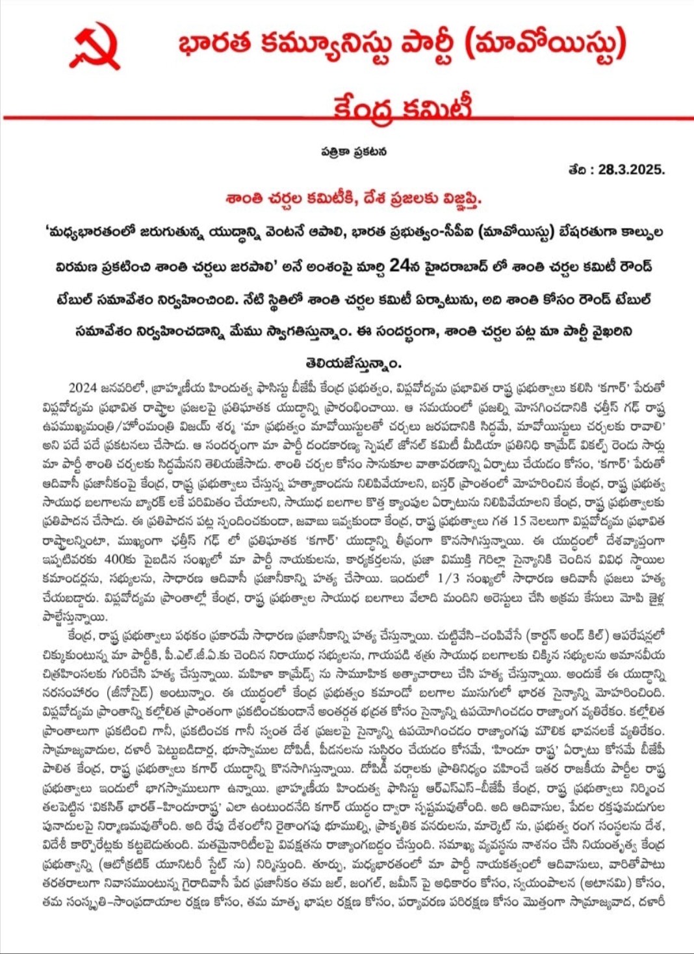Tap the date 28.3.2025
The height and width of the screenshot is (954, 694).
point(631,170)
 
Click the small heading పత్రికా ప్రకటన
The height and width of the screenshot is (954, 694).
point(353,151)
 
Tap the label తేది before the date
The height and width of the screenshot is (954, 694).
point(579,170)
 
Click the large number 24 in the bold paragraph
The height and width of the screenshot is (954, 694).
point(400,265)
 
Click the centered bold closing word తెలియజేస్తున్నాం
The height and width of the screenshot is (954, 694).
point(353,362)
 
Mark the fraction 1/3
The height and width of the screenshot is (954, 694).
point(451,578)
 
